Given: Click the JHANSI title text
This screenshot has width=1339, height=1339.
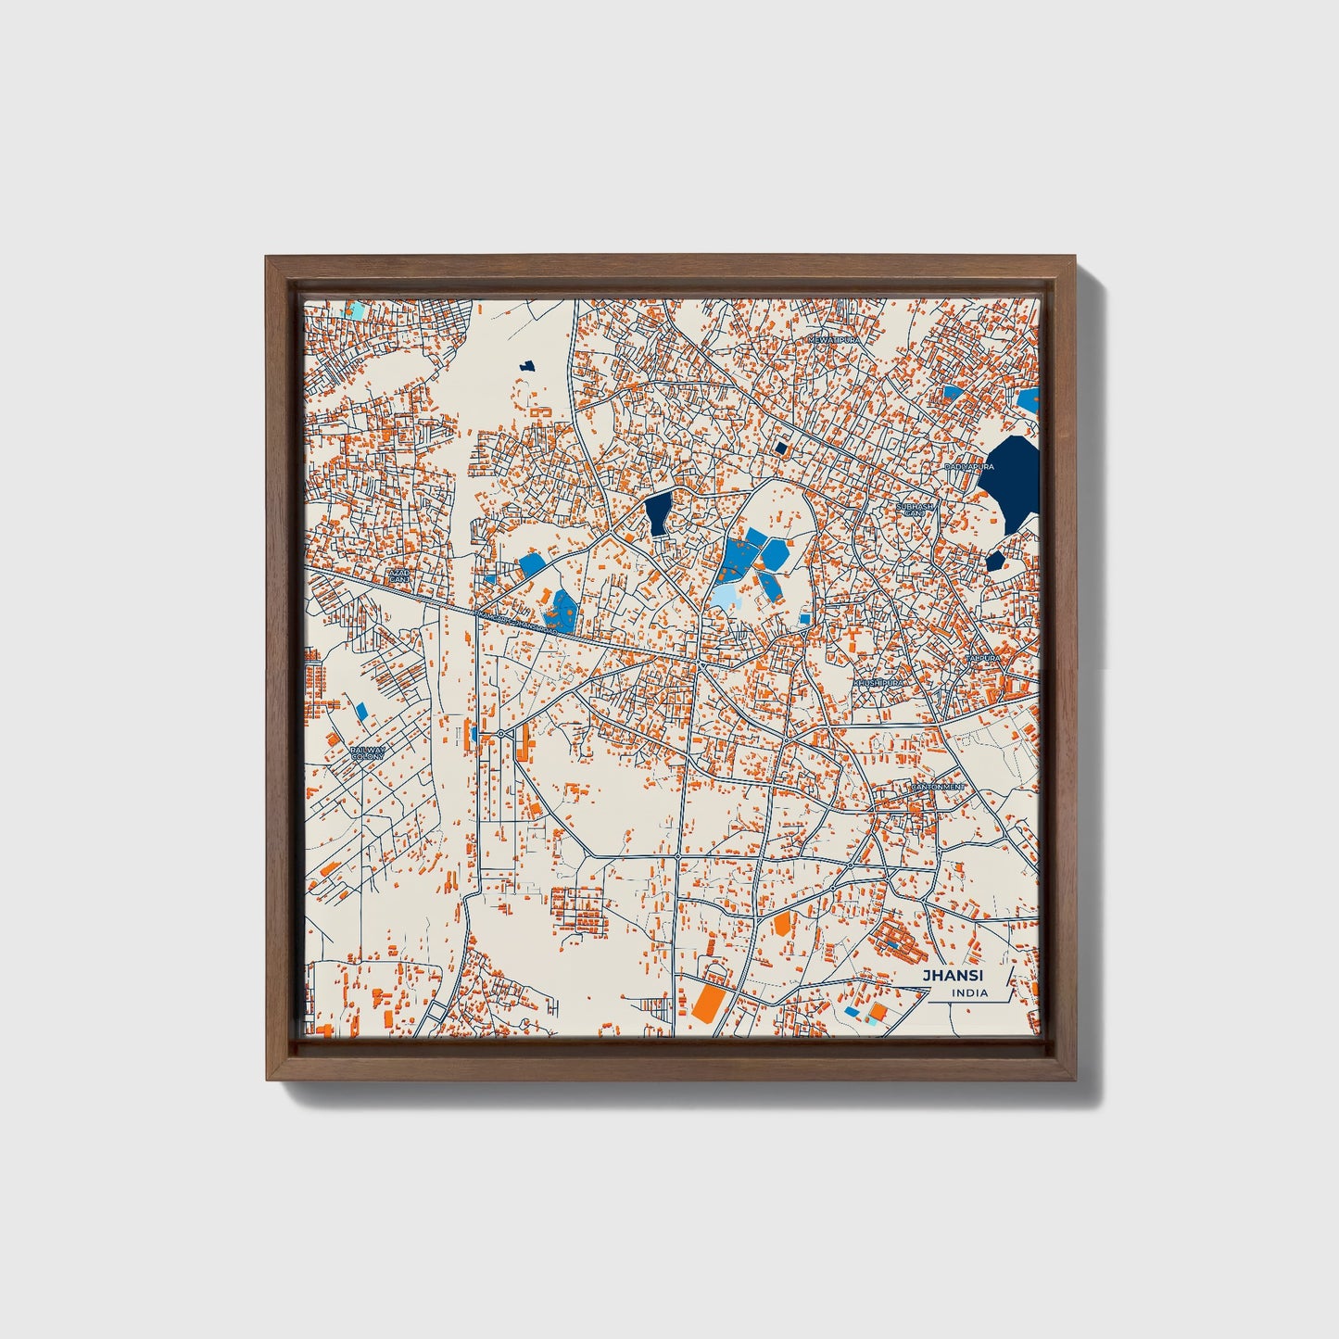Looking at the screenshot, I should coord(953,975).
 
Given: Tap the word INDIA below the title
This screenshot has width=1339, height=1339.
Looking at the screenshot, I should coord(968,993).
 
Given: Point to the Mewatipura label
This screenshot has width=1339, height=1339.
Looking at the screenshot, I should coord(834,340).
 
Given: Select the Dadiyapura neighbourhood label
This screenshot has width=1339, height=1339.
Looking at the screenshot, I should coord(969,467).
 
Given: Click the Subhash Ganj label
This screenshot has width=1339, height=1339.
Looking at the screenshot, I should coord(915,510).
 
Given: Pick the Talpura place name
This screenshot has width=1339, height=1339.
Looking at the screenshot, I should coord(983,657).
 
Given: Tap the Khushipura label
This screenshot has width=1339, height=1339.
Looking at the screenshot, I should coord(878,682).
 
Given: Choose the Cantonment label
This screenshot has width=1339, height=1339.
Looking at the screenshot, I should coord(937,787).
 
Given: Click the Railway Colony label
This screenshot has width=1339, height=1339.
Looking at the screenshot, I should coord(368,753).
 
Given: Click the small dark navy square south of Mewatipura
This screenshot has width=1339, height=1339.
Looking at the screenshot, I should coord(780,448).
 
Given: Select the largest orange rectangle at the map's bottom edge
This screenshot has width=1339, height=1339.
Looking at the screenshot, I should coord(709,1003).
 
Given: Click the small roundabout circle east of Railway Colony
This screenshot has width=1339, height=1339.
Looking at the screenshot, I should coord(500,734).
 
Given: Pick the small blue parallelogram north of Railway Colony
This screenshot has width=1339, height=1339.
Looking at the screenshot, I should coord(361,711).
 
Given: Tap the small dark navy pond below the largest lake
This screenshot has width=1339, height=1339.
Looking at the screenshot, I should coord(995,561).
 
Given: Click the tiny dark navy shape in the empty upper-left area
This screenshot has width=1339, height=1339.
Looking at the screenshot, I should coord(528,367).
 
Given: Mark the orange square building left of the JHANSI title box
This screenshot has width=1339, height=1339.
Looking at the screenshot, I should coord(877,1011).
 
